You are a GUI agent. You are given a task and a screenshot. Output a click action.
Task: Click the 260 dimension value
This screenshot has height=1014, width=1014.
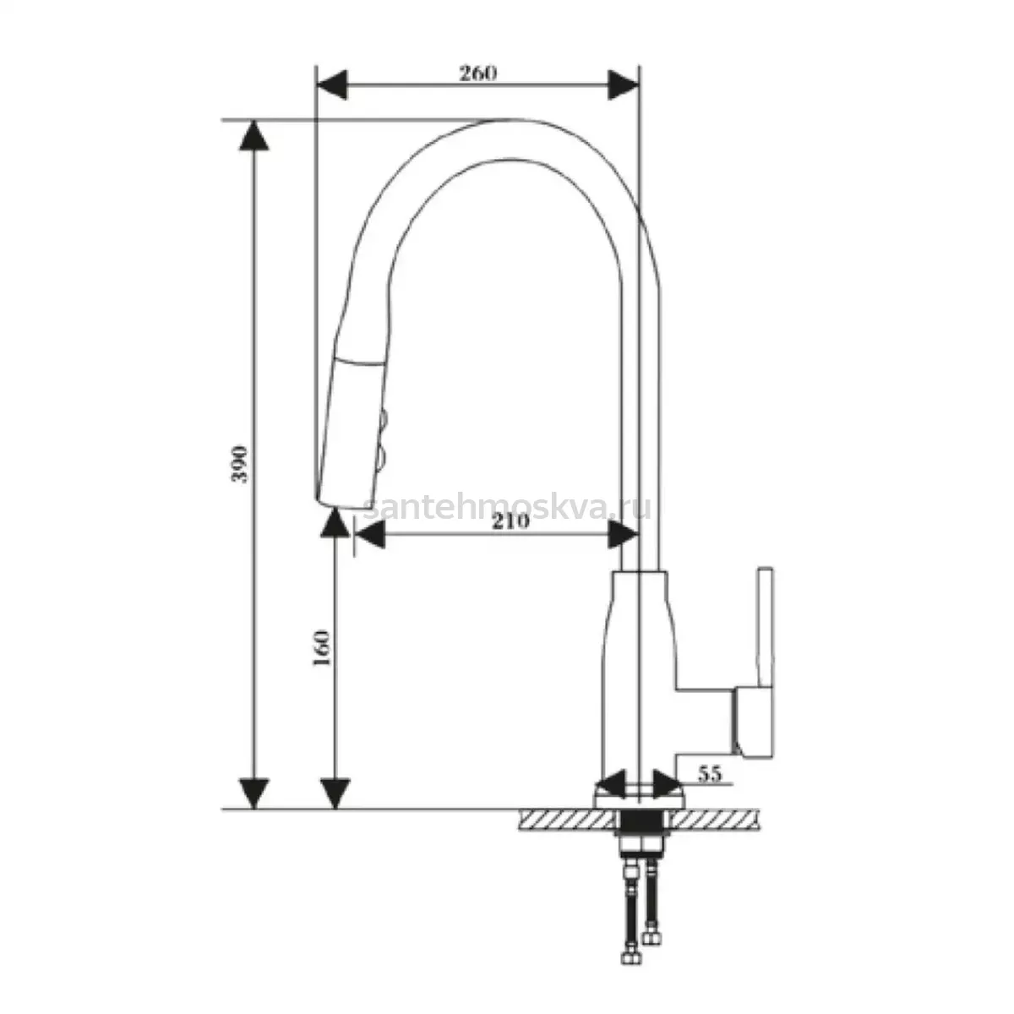click(x=477, y=74)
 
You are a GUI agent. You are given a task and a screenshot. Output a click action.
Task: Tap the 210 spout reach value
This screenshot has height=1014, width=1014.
click(x=510, y=521)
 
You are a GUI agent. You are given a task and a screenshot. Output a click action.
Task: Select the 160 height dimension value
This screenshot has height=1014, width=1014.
click(x=321, y=648)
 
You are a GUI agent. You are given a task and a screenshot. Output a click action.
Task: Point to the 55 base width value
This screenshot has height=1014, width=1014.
click(x=711, y=773)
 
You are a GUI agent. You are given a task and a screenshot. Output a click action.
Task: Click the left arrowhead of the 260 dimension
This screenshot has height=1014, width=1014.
click(x=332, y=84)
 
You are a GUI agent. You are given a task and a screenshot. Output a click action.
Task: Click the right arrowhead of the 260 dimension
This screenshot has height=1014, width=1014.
click(x=623, y=84)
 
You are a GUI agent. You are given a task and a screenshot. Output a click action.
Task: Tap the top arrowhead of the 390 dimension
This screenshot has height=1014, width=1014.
click(x=254, y=136)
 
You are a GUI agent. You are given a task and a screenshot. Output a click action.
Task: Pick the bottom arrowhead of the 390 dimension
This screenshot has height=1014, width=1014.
click(x=254, y=793)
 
